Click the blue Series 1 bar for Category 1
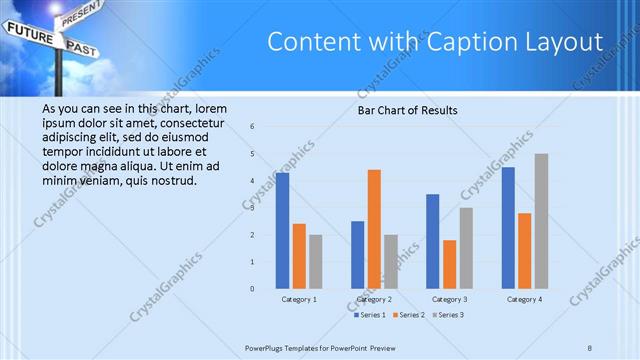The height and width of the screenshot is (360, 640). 283,230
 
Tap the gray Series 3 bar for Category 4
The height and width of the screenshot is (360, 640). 541,221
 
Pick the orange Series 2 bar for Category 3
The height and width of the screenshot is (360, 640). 449,264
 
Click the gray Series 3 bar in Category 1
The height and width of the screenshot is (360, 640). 316,262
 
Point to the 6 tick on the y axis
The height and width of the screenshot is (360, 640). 253,127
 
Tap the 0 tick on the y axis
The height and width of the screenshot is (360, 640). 253,289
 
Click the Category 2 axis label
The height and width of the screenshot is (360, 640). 374,299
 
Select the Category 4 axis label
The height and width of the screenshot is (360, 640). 524,299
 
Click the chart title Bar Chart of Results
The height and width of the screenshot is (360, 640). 408,110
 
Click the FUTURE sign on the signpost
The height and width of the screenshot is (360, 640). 28,32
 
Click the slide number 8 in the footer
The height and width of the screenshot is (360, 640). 590,347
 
